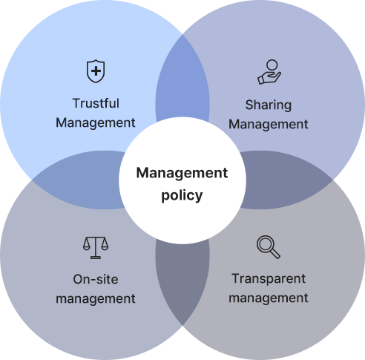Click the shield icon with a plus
click(x=96, y=71)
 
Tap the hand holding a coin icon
click(x=269, y=72)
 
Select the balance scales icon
click(x=96, y=248)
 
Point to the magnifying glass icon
click(x=269, y=247)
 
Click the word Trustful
click(x=96, y=103)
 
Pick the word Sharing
click(x=269, y=105)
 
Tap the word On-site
click(x=96, y=279)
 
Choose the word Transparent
click(x=269, y=279)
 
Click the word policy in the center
click(x=182, y=196)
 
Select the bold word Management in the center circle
click(x=182, y=173)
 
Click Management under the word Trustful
click(x=96, y=123)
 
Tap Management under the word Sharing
click(x=269, y=125)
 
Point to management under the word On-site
click(x=96, y=298)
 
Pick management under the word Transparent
click(x=269, y=298)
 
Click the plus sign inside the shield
click(x=96, y=71)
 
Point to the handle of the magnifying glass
click(x=275, y=254)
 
